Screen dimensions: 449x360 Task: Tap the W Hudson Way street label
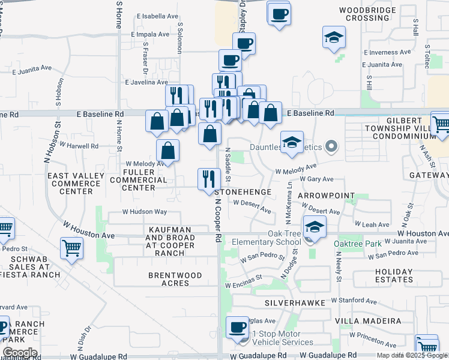[143, 212]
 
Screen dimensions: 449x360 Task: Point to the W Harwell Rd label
[79, 146]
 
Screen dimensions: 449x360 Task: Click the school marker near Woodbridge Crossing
[334, 37]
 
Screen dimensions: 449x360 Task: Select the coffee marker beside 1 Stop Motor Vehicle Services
[237, 328]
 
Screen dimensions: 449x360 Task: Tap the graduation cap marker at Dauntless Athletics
[292, 143]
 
